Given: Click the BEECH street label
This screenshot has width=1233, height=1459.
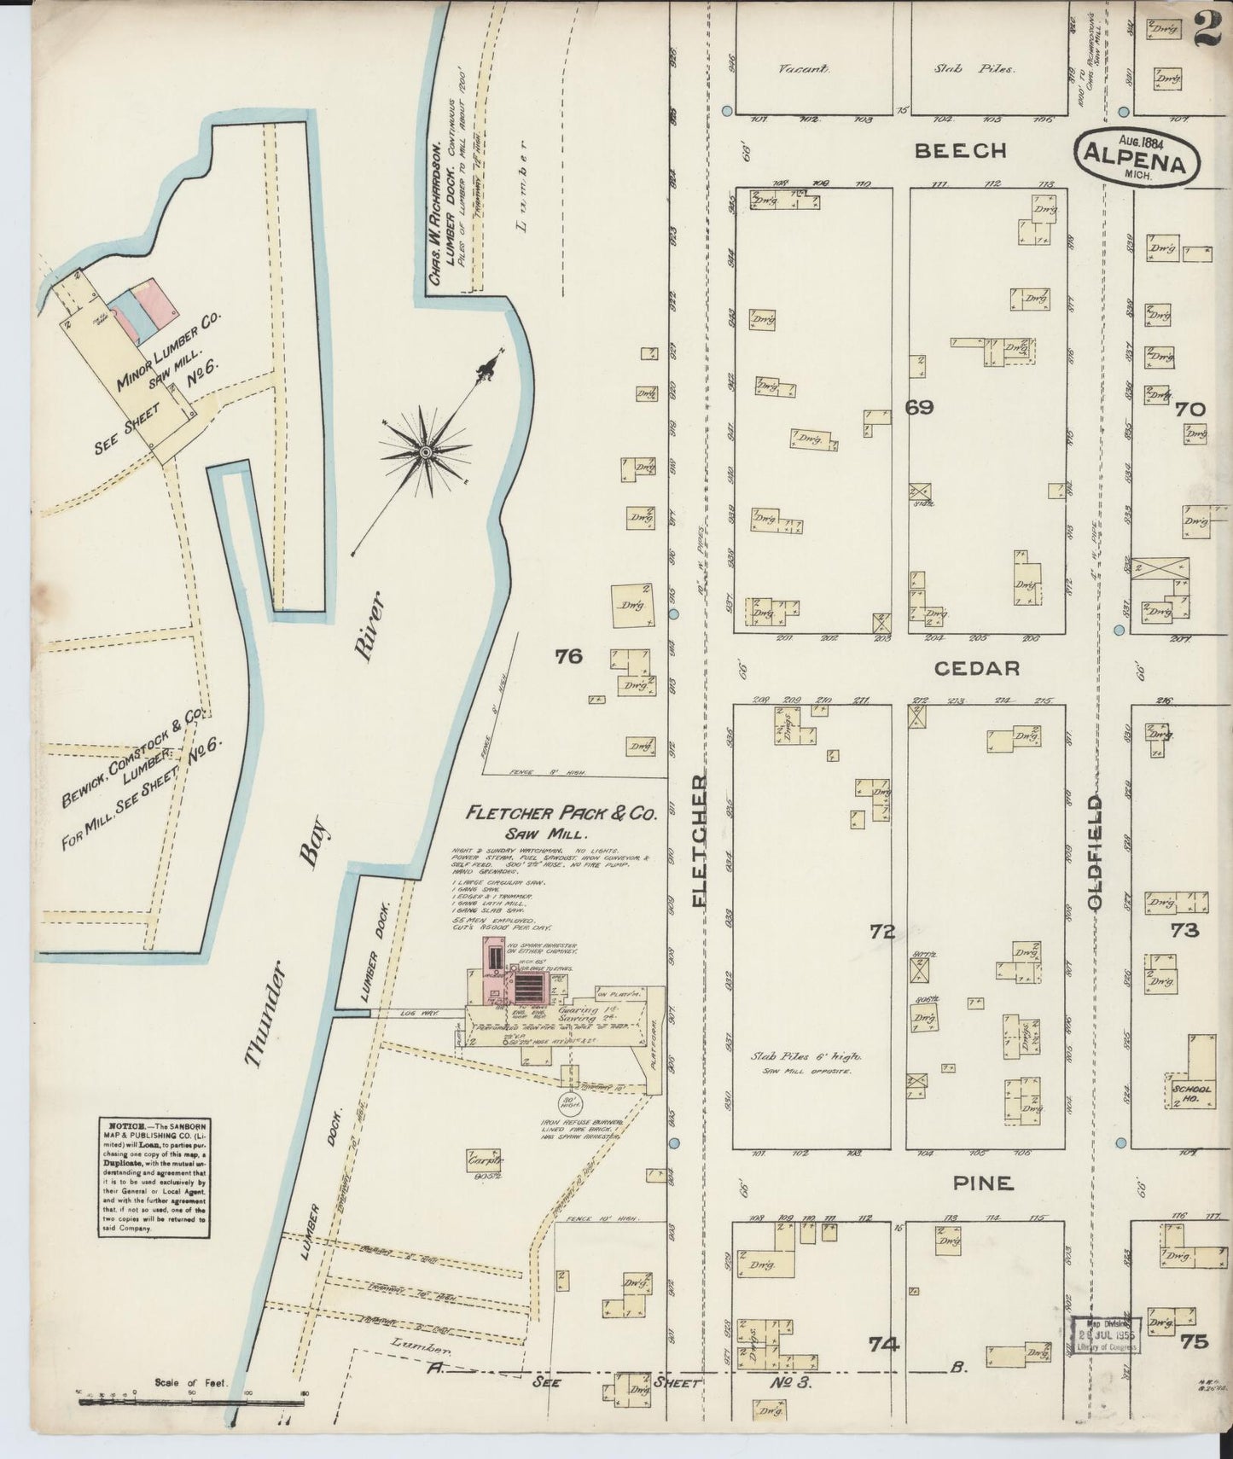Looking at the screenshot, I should coord(961,151).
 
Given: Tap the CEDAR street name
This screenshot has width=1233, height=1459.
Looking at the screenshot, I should coord(977,668).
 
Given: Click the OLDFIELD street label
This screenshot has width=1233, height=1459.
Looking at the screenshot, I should coord(1096,852).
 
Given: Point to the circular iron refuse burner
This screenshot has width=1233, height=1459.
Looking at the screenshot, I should coord(570,1102).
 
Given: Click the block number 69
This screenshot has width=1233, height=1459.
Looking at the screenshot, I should coord(919,408).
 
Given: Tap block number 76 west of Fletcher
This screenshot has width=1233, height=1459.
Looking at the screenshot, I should coord(567,656).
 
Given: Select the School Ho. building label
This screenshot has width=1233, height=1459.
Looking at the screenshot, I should coord(1190,1094).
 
